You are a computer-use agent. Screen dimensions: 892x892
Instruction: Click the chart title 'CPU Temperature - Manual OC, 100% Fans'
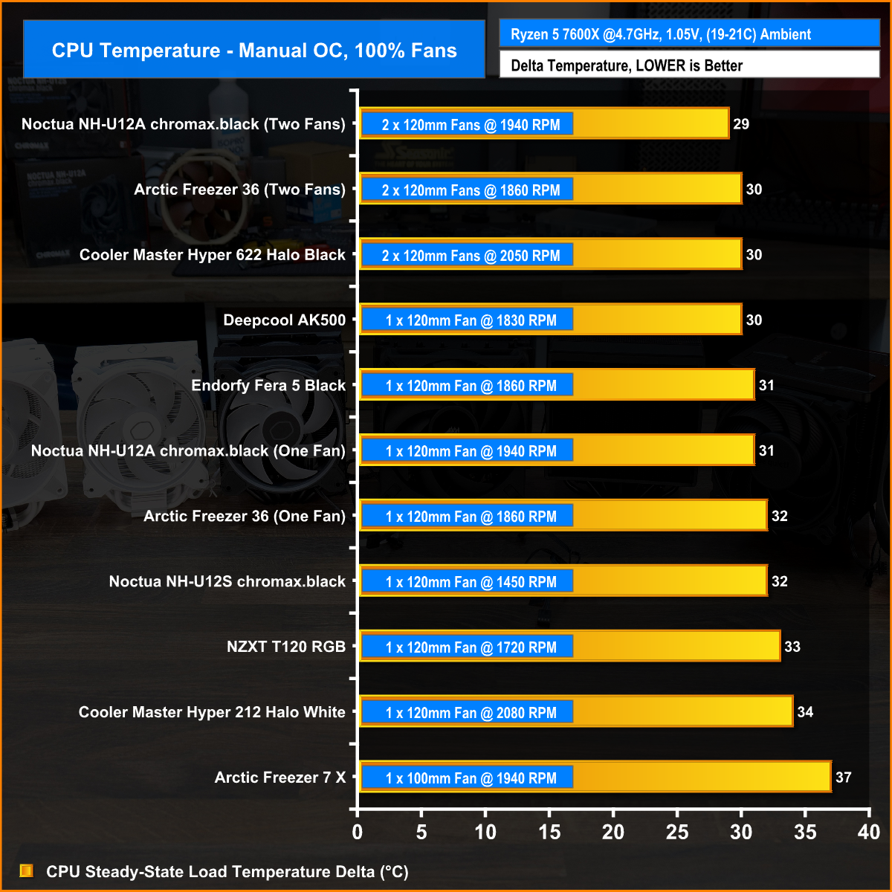pos(254,51)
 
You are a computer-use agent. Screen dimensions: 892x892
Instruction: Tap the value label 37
pos(844,778)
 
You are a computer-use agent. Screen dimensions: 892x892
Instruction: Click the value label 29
pos(741,124)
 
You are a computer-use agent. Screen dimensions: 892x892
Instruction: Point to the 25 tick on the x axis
pos(677,833)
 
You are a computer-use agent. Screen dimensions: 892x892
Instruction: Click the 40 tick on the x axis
pos(868,833)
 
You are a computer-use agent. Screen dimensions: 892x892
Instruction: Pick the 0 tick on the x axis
pos(358,833)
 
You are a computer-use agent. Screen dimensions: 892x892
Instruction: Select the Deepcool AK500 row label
pos(285,320)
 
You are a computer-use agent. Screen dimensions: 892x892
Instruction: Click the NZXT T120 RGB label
pos(286,647)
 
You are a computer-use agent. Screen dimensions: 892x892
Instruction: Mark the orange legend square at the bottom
pos(27,870)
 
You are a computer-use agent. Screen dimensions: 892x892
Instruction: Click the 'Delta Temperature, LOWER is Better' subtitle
pos(627,65)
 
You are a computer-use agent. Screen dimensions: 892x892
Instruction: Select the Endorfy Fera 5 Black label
pos(268,386)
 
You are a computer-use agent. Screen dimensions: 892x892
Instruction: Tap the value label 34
pos(805,712)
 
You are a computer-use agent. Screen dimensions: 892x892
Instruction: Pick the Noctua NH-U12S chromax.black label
pos(227,581)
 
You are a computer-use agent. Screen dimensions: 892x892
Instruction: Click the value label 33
pos(792,647)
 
